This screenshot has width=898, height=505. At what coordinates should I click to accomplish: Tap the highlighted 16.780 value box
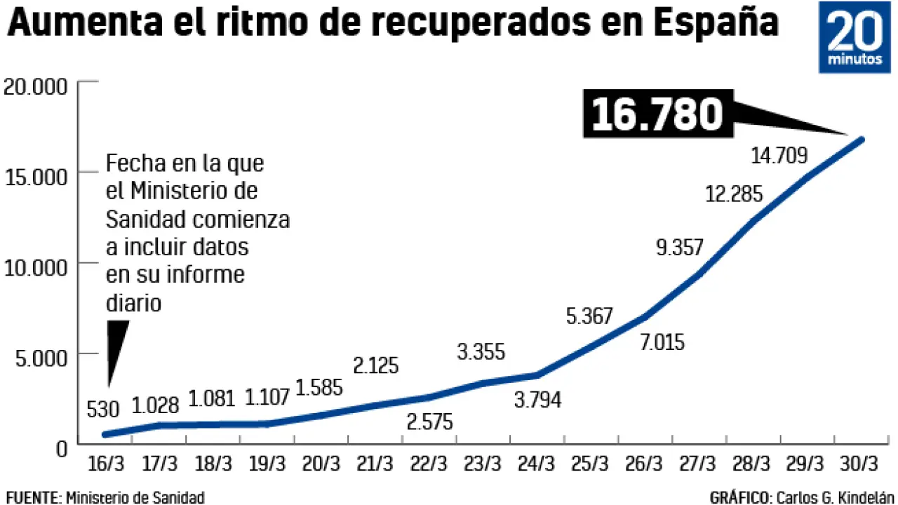coord(657,114)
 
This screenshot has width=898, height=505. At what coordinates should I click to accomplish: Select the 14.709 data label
coord(779,155)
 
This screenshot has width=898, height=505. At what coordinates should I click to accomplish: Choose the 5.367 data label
coord(590,316)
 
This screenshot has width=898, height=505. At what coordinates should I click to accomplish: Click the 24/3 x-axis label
coord(537,464)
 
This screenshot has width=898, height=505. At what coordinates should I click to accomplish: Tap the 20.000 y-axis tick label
coord(34,87)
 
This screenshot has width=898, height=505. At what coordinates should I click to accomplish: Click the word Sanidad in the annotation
coord(145,220)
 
